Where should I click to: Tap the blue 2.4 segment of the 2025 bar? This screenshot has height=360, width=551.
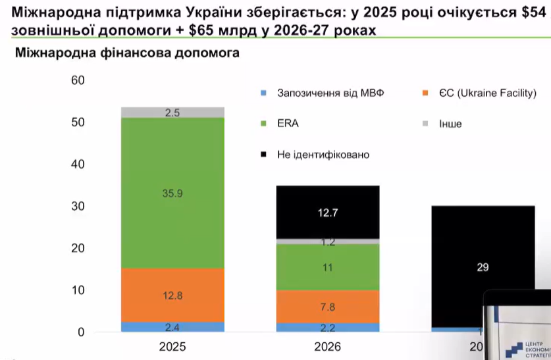click(173, 326)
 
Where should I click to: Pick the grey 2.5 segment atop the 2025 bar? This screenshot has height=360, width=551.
click(173, 113)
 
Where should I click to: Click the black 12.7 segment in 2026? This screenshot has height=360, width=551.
click(327, 212)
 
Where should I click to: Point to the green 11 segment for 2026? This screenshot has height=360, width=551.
click(327, 268)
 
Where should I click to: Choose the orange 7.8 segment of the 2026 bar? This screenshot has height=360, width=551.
click(327, 306)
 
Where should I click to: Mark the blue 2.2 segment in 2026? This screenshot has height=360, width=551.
click(327, 327)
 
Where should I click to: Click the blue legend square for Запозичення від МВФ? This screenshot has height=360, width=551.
click(263, 93)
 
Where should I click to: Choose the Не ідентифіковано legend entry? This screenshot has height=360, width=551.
click(323, 155)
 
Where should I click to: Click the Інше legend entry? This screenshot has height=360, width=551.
click(450, 124)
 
